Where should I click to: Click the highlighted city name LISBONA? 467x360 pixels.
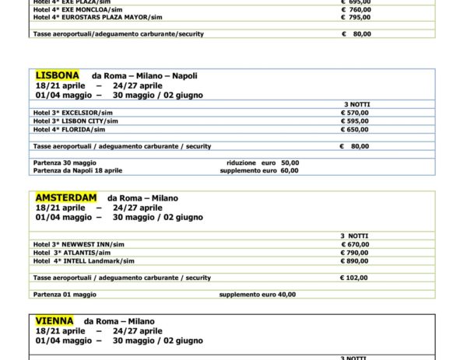click(58, 75)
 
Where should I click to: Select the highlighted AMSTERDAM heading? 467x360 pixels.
click(66, 197)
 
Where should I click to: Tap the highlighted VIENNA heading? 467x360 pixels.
click(54, 320)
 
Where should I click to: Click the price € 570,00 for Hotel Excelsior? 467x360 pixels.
click(355, 112)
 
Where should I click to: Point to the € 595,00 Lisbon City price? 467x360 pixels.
click(355, 121)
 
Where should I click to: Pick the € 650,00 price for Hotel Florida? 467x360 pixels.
click(355, 129)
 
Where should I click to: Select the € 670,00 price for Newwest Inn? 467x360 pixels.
click(355, 243)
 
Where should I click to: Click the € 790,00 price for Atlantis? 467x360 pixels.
click(355, 252)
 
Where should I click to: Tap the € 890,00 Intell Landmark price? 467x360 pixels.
click(355, 260)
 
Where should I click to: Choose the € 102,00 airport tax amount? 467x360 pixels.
click(355, 278)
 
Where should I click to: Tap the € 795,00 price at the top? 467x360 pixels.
click(355, 16)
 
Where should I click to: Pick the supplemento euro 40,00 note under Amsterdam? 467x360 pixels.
click(257, 295)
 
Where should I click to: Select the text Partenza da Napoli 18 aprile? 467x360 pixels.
click(78, 170)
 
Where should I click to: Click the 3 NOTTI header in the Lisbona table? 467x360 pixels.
click(355, 103)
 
